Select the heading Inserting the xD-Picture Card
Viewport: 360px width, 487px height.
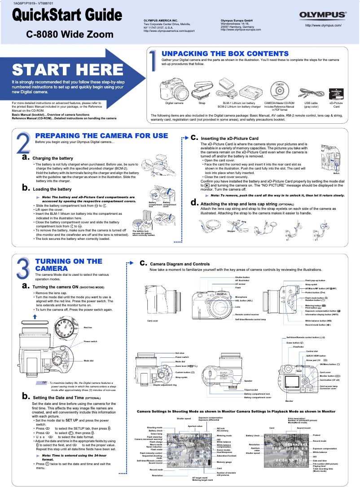(x=229, y=138)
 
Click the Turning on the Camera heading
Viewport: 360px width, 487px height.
(x=69, y=265)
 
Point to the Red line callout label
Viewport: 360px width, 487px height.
(x=88, y=328)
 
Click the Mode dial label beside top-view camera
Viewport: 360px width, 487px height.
(x=88, y=361)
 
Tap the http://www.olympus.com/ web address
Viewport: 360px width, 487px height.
(x=323, y=26)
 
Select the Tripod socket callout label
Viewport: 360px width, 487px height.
(x=251, y=390)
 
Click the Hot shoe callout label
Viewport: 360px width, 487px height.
(x=180, y=353)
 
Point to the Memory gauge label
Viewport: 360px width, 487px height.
(x=224, y=461)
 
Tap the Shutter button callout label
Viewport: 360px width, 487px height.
(x=243, y=278)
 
